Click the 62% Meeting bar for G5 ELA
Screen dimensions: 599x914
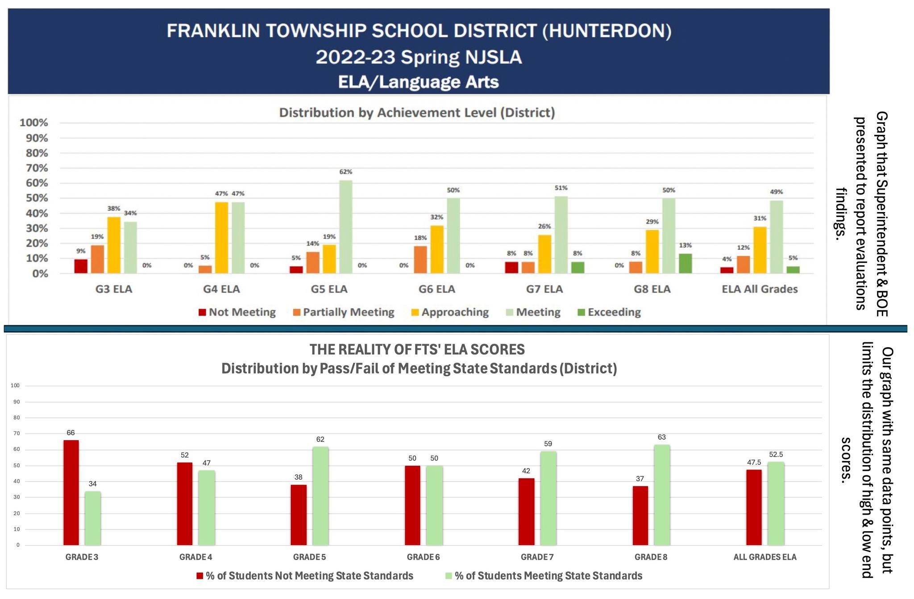point(345,227)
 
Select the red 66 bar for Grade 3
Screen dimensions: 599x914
point(71,492)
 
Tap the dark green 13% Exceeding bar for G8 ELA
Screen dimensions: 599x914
point(685,263)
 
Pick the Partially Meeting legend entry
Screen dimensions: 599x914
point(344,312)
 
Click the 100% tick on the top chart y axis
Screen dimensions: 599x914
point(34,123)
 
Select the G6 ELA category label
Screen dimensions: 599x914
point(436,289)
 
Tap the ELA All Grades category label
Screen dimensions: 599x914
point(760,289)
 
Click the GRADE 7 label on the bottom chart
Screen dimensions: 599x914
point(537,557)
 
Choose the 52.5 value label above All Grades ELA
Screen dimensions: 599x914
point(776,454)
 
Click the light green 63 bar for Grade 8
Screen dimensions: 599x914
point(662,495)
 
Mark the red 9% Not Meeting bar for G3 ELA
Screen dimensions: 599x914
point(81,266)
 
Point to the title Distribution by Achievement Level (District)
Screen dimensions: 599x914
point(417,112)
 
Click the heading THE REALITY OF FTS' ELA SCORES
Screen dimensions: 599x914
point(417,349)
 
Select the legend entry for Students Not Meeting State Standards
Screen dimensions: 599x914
point(305,576)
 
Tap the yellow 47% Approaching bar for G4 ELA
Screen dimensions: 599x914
point(221,237)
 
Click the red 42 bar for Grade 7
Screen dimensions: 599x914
point(526,512)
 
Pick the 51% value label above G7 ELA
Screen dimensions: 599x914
point(561,188)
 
